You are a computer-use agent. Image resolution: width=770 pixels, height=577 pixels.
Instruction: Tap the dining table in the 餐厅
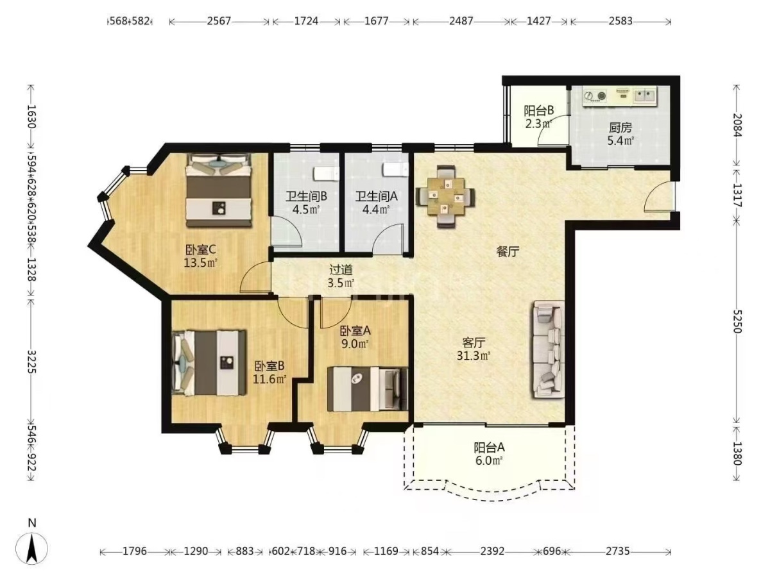pos(445,196)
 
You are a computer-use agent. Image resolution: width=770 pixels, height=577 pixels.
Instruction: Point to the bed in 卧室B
pos(209,363)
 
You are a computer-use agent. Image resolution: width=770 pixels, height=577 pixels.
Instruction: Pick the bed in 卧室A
pos(368,389)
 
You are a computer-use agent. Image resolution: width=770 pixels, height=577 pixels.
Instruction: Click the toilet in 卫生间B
pos(326,172)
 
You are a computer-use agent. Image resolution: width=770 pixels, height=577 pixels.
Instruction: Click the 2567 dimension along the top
pos(219,21)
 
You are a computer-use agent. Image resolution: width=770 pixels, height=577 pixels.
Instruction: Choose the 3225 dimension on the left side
pos(32,362)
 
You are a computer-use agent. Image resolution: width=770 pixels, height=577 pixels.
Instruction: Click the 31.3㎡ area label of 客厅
pos(473,356)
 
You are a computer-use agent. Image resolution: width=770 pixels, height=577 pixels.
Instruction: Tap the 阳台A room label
pos(490,447)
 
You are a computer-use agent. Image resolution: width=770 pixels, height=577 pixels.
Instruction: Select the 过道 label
pos(341,270)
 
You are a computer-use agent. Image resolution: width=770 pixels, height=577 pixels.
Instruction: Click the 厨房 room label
pos(620,128)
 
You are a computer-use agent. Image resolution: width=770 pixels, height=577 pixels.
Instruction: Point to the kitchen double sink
pos(646,96)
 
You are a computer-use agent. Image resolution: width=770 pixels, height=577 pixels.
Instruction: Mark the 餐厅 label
pos(508,251)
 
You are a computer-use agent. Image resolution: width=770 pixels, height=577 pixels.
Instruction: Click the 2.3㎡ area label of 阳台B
pos(538,124)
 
